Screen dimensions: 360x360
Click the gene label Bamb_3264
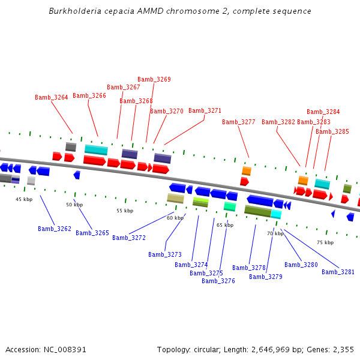pos(52,97)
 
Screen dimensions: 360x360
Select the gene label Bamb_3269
pos(154,79)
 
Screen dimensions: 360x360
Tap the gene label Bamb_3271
pos(205,110)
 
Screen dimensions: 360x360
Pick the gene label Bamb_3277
pos(239,122)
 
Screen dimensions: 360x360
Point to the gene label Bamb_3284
pos(323,112)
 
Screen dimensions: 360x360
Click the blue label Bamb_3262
pos(55,229)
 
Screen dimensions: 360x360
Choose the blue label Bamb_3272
pos(129,238)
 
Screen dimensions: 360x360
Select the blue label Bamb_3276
pos(218,281)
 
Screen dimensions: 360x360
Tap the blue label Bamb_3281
pos(338,272)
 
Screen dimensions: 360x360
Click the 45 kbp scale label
pos(24,199)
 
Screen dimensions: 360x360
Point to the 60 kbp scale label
pos(175,218)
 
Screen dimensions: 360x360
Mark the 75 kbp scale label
pos(325,242)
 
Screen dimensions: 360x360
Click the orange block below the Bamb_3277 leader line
pos(247,171)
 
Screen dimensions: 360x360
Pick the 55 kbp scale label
pos(125,211)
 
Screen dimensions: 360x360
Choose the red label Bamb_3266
pos(89,95)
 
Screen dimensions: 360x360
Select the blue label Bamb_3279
pos(266,277)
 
